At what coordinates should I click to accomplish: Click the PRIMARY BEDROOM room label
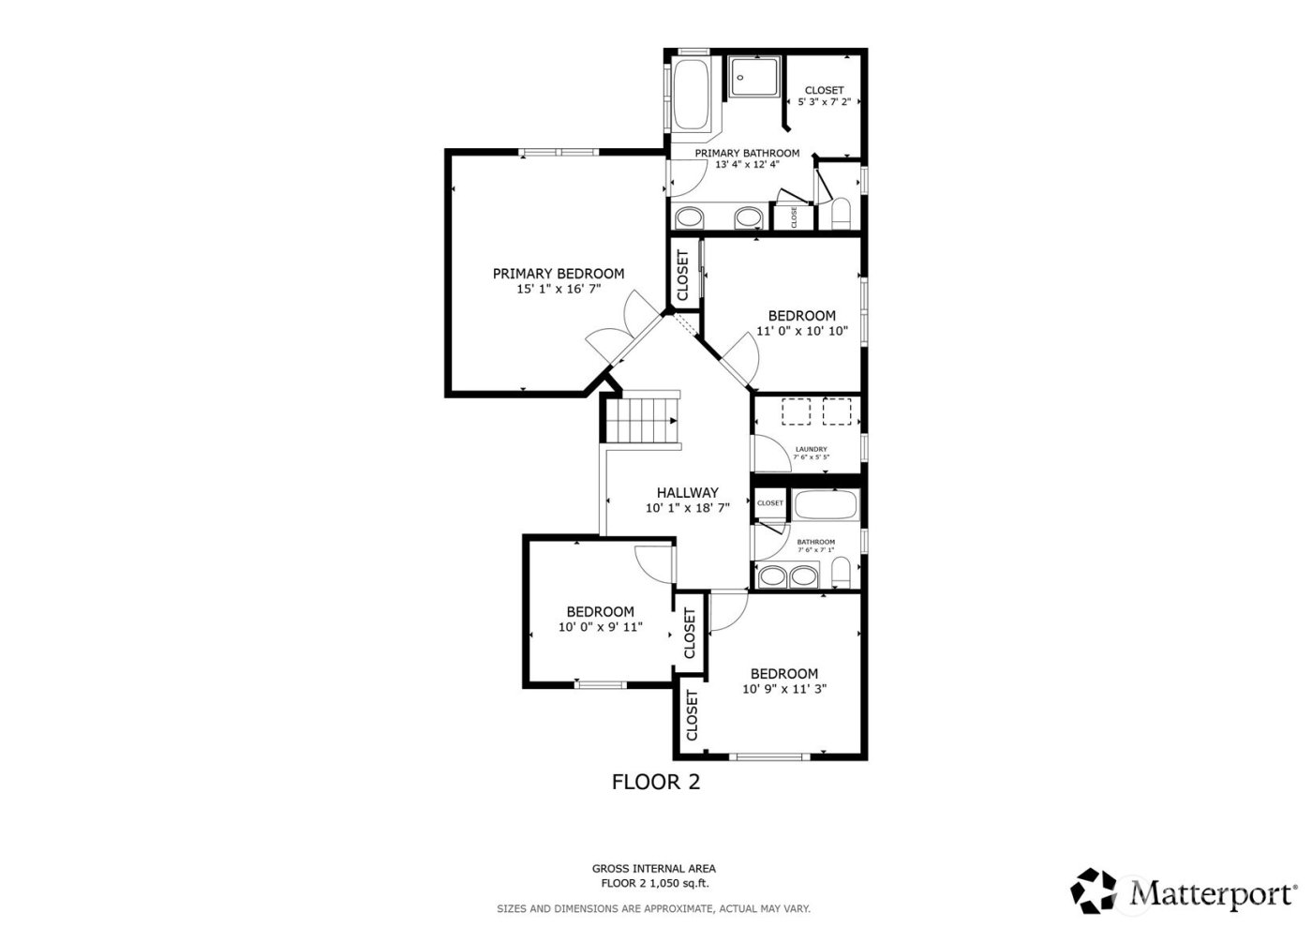pos(559,274)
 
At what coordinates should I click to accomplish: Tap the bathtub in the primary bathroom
pos(693,97)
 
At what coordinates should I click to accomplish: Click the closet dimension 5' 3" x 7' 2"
pos(824,102)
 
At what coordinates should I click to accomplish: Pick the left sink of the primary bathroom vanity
pos(691,218)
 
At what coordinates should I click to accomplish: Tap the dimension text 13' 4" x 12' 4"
pos(747,165)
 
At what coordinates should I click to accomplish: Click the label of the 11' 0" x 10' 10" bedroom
pos(801,316)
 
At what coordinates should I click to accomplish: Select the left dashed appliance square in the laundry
pos(797,411)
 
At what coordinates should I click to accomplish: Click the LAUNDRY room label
pos(811,449)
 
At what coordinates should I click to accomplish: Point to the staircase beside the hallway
pos(642,419)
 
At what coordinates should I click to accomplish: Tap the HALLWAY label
pos(687,493)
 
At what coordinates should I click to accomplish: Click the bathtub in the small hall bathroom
pos(825,506)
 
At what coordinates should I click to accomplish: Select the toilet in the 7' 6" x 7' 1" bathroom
pos(841,572)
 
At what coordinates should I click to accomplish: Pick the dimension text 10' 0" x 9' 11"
pos(600,627)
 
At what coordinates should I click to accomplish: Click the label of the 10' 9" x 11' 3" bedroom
pos(783,674)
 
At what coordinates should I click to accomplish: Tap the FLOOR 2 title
pos(655,782)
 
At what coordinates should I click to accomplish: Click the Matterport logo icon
pos(1096,890)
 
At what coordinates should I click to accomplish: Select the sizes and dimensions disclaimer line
pos(653,908)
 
